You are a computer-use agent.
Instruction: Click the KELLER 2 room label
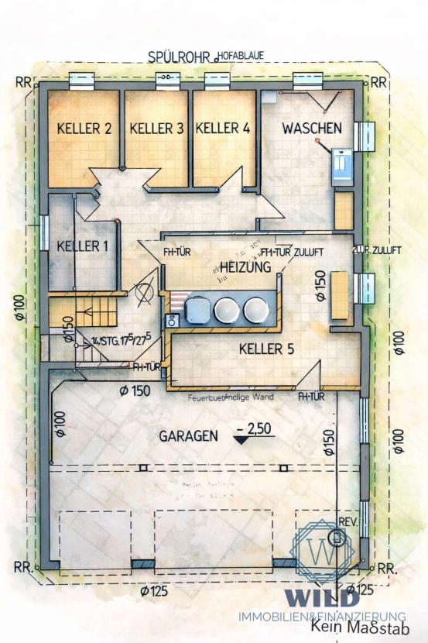(84, 129)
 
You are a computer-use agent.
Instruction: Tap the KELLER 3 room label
(156, 129)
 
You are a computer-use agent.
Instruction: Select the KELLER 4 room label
(223, 128)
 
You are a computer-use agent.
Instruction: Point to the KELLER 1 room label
(83, 246)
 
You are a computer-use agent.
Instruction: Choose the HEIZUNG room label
(245, 267)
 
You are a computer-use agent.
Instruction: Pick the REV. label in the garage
(348, 521)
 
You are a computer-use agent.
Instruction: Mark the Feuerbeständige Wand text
(231, 398)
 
